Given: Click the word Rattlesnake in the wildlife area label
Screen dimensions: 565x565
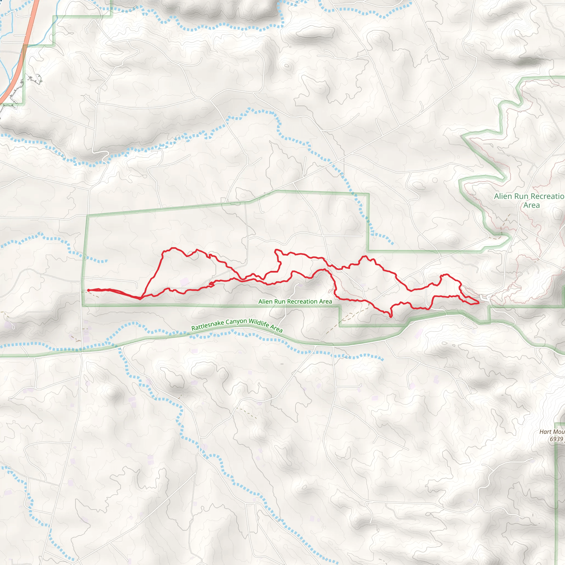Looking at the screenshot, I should [208, 325].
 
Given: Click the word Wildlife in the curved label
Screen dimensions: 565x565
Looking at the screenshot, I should [259, 323].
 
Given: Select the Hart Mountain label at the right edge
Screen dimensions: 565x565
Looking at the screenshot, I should [551, 432].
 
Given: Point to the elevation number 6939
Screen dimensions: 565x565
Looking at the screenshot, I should [556, 439].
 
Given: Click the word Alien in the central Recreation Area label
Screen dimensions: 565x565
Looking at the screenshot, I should [265, 302].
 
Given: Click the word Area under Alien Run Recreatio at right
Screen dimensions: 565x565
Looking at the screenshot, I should [531, 205].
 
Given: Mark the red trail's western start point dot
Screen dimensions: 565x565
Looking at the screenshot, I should [88, 290].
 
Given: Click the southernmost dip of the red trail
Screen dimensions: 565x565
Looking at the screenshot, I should [391, 317].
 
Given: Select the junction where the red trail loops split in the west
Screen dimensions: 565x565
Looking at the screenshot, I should [141, 299].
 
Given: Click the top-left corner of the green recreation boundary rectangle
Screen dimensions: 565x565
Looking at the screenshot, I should [87, 216].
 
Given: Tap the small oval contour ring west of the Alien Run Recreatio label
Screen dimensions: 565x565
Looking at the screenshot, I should [452, 239].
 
